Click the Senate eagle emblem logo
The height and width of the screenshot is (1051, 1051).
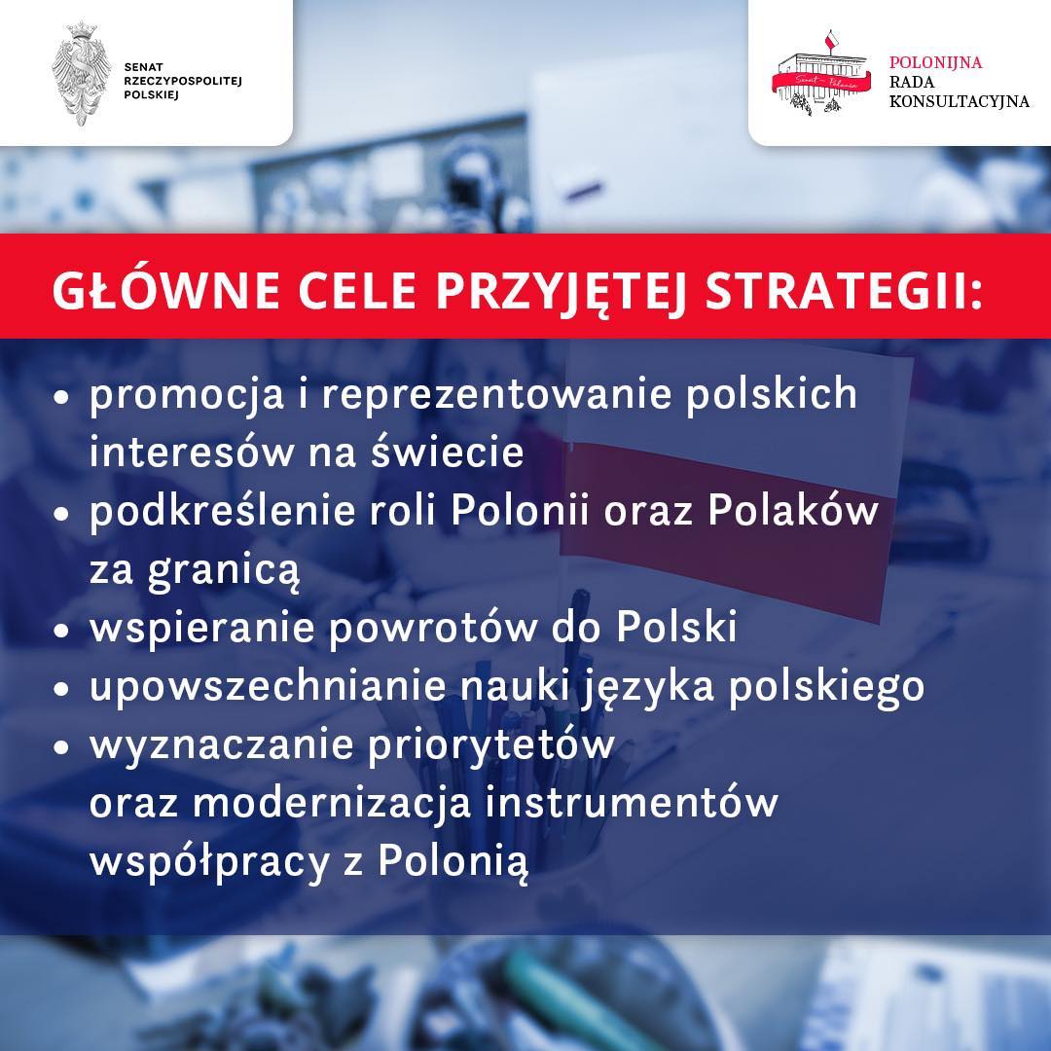pyautogui.click(x=81, y=71)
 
